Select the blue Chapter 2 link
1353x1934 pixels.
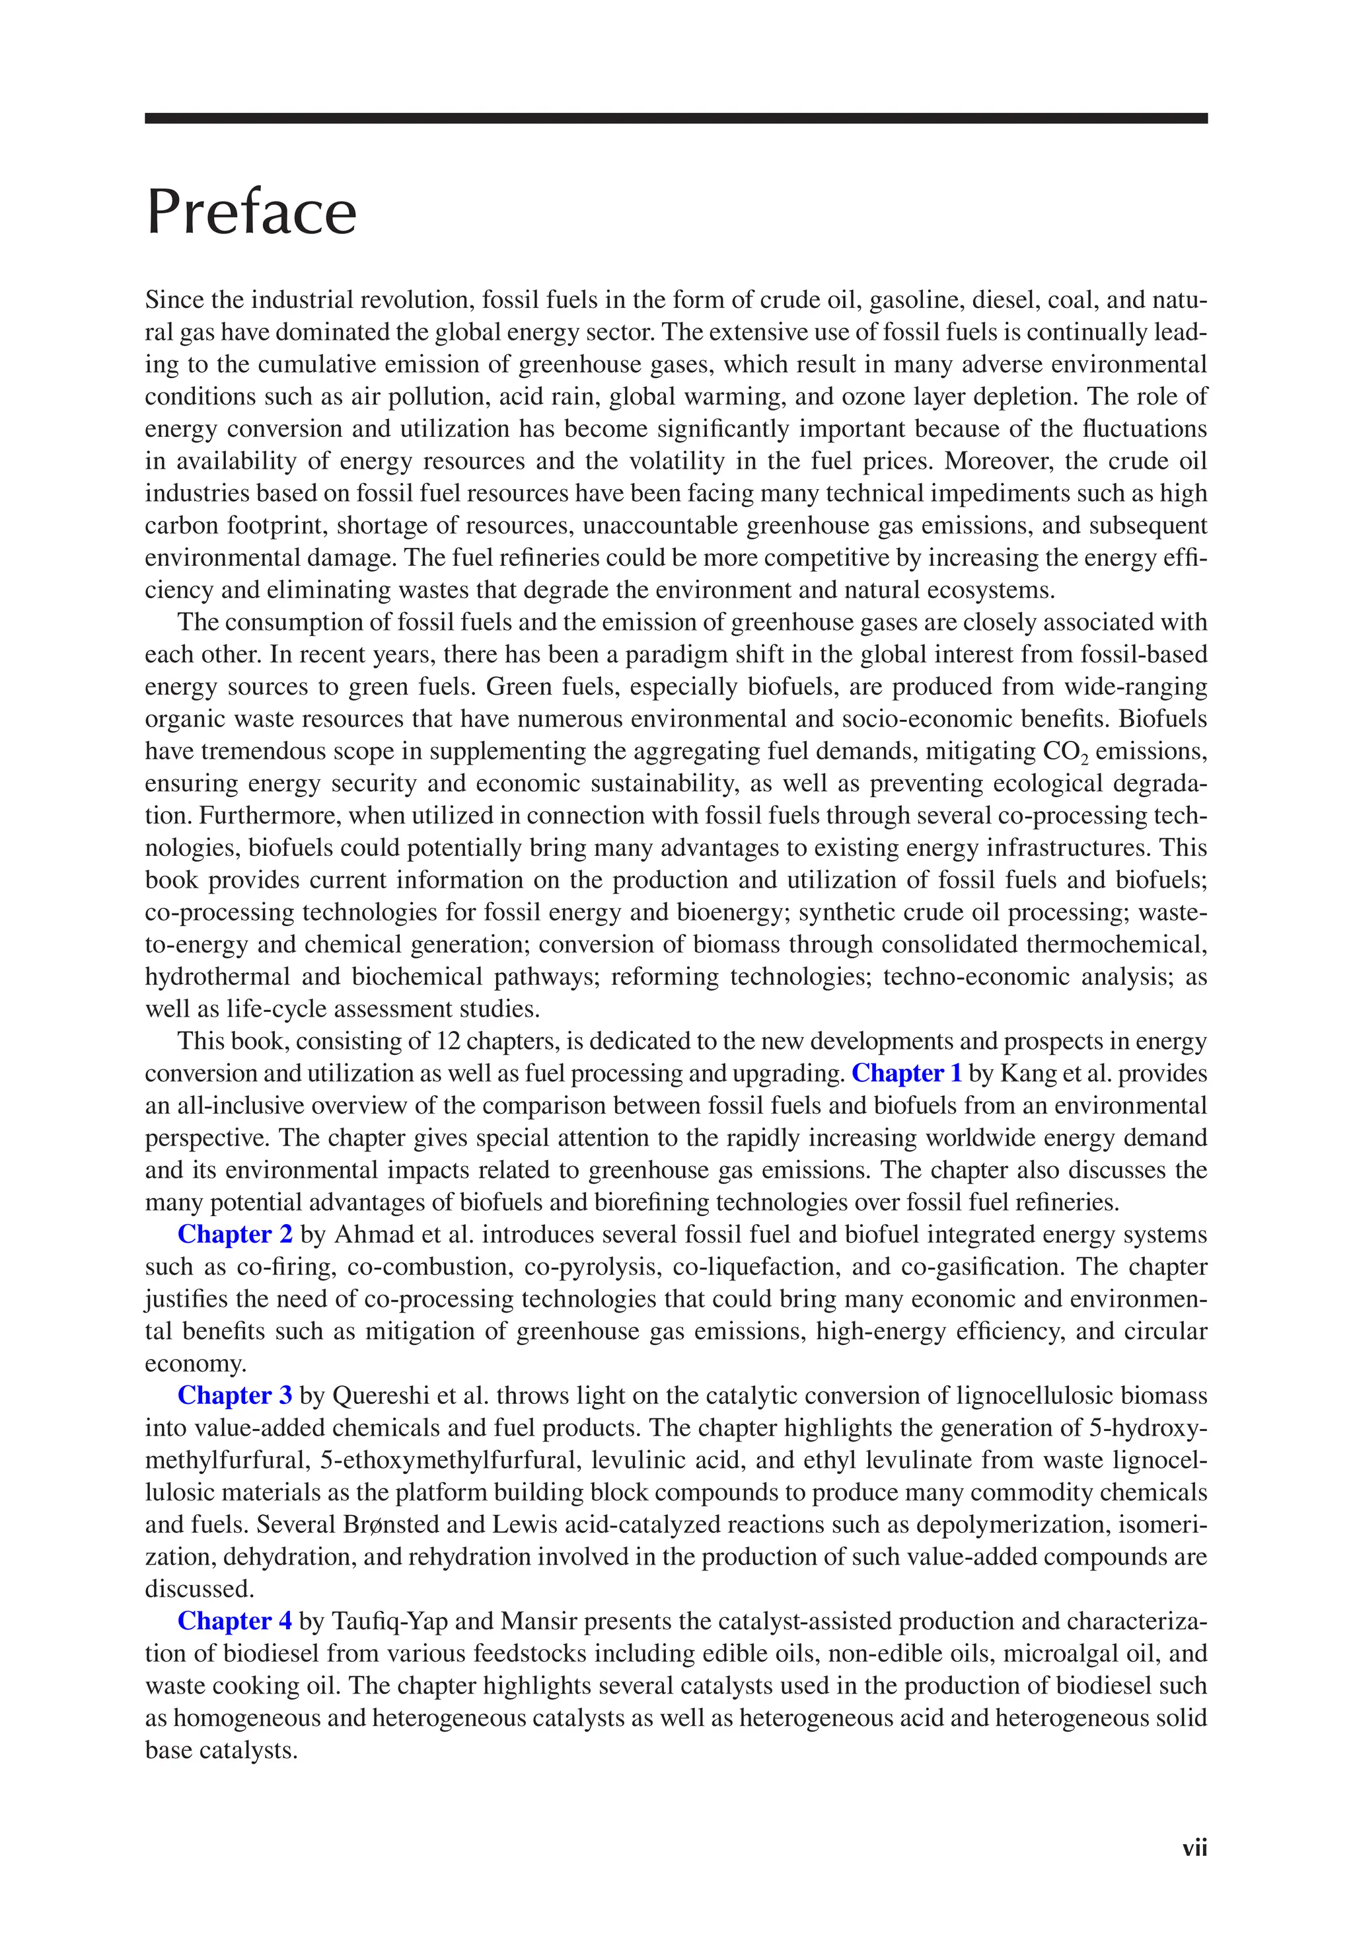pyautogui.click(x=235, y=1234)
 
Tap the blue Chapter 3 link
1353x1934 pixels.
pyautogui.click(x=235, y=1396)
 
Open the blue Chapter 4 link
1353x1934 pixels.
pyautogui.click(x=235, y=1621)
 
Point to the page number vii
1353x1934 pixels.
pyautogui.click(x=1194, y=1848)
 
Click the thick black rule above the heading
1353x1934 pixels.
pyautogui.click(x=676, y=119)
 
